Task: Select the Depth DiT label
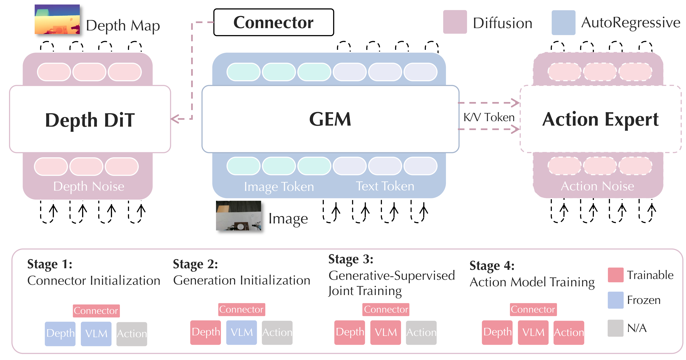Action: pos(90,120)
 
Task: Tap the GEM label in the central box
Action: pos(330,119)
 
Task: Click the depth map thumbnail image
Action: pos(57,19)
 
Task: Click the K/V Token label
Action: pos(489,117)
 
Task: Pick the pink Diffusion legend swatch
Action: pos(455,22)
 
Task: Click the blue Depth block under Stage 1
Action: pos(60,334)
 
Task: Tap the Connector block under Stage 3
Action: pos(386,309)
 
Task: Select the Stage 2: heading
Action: pos(195,264)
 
